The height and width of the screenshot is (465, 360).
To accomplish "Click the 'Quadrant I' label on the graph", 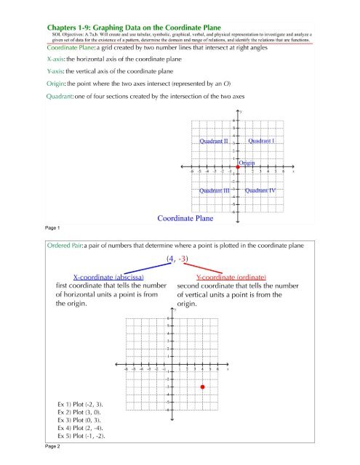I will (260, 141).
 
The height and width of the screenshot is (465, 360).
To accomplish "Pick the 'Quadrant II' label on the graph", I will (215, 141).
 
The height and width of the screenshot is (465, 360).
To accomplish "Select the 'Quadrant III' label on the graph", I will (216, 190).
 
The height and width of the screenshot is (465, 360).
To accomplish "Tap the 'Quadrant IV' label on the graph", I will (262, 190).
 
